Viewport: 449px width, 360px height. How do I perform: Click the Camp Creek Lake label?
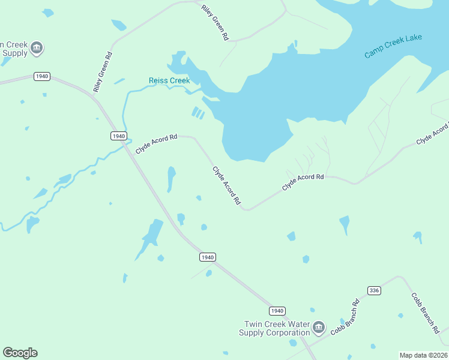point(393,46)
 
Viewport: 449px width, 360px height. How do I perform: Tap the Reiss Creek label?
point(169,80)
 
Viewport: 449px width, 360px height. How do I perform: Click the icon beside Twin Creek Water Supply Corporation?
point(319,328)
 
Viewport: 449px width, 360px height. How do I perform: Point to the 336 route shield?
point(374,290)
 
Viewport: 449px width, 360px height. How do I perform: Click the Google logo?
point(20,353)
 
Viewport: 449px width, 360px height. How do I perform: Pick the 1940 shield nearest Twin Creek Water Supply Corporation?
point(276,310)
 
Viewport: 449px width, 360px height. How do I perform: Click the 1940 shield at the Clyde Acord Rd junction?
point(118,136)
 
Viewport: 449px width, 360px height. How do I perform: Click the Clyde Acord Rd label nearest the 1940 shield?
point(156,145)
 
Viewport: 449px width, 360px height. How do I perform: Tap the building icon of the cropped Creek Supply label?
point(37,48)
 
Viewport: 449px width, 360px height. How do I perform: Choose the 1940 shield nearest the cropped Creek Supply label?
point(41,77)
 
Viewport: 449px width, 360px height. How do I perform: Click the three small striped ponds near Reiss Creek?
point(197,113)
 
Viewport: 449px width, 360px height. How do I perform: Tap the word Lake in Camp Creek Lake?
point(413,39)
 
